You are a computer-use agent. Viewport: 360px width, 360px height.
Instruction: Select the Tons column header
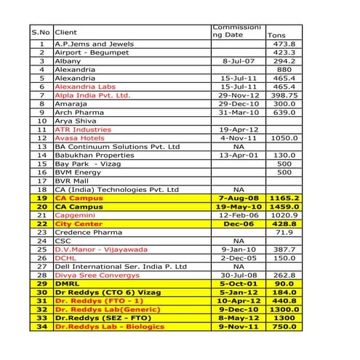tap(276, 35)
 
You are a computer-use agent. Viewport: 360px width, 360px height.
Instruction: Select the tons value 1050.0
tap(283, 137)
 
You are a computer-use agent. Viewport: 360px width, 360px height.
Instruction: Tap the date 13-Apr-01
tap(238, 156)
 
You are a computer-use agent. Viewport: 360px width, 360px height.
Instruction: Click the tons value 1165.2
tap(282, 198)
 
